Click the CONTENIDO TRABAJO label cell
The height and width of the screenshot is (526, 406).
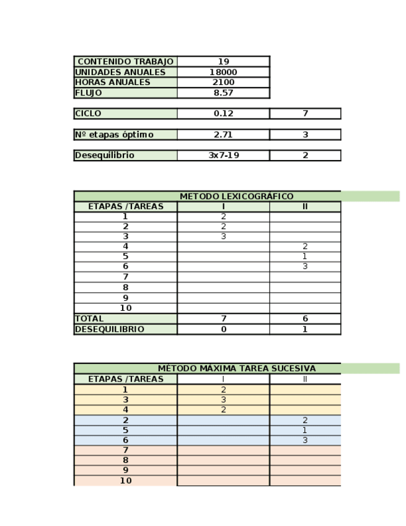pos(125,61)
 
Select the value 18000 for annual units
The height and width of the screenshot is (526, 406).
pos(223,72)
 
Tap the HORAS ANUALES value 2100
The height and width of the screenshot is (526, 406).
pos(223,82)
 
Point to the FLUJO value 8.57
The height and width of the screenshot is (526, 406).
pos(223,93)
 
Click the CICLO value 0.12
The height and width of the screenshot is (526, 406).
pos(223,114)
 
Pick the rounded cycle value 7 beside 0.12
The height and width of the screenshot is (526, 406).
pos(305,114)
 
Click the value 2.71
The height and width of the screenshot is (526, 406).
pos(223,135)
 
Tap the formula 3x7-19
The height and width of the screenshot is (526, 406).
pos(223,156)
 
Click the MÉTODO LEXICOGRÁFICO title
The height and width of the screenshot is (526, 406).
pos(236,196)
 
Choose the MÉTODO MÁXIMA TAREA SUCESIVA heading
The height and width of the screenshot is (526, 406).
pos(236,368)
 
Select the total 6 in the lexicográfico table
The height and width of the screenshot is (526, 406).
pos(305,319)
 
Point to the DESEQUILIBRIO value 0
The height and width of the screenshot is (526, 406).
pos(223,329)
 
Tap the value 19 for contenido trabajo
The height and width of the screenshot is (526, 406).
pos(223,61)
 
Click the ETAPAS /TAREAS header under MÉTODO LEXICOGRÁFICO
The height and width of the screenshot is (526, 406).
pos(125,207)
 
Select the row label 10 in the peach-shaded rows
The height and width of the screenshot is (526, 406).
pos(125,481)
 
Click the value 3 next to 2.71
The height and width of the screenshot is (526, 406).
pos(305,135)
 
